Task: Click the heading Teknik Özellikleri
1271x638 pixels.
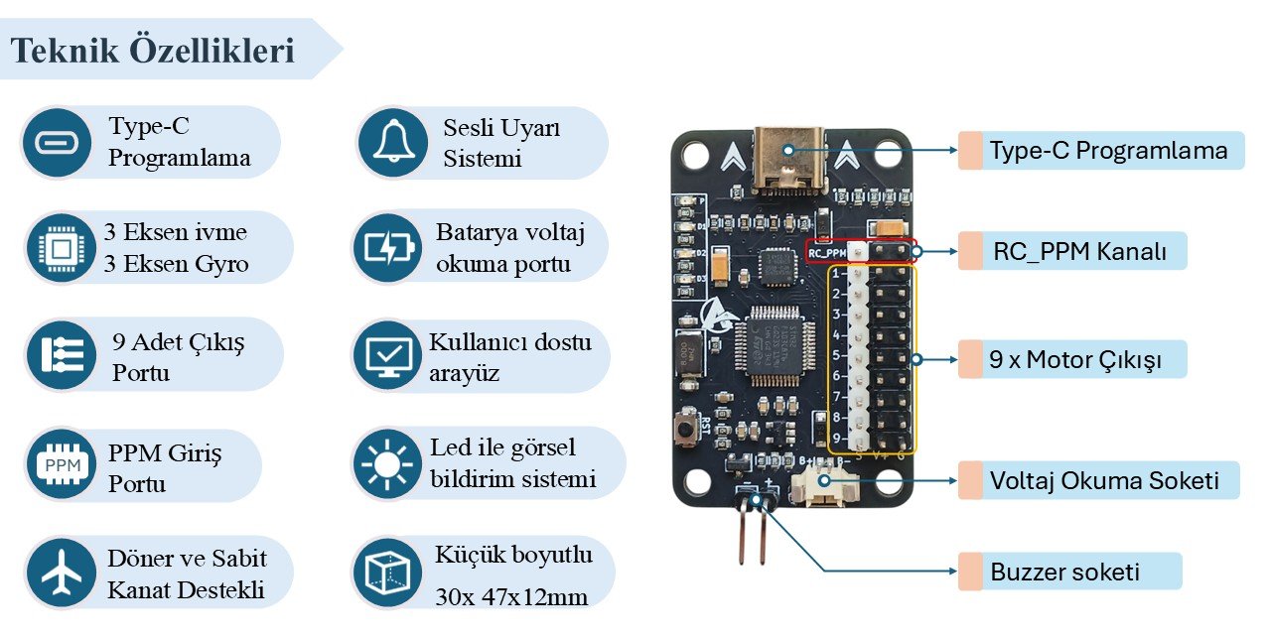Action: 153,51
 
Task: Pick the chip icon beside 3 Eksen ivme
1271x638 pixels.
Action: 60,248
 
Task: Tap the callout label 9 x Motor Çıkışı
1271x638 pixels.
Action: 1074,360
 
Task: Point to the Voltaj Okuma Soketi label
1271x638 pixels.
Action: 1103,481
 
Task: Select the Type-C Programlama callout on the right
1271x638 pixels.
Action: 1108,151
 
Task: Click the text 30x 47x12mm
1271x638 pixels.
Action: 511,597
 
